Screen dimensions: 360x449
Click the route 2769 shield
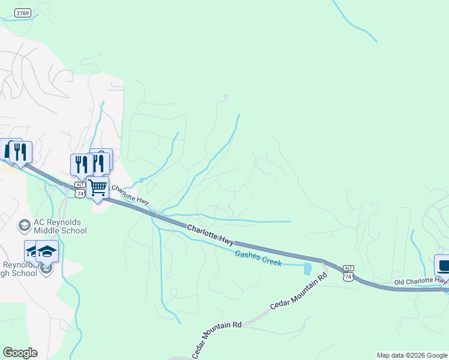click(23, 13)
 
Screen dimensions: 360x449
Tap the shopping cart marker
click(97, 187)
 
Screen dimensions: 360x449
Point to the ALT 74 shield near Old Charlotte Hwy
click(349, 273)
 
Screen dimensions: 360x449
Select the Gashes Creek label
click(258, 258)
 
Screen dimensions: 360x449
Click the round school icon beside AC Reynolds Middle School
click(25, 226)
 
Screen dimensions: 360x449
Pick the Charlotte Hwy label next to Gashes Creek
click(210, 234)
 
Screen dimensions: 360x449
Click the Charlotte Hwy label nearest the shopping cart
click(130, 195)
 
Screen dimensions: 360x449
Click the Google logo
click(20, 353)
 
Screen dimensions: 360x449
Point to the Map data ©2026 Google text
click(412, 355)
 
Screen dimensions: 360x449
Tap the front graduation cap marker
click(47, 251)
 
